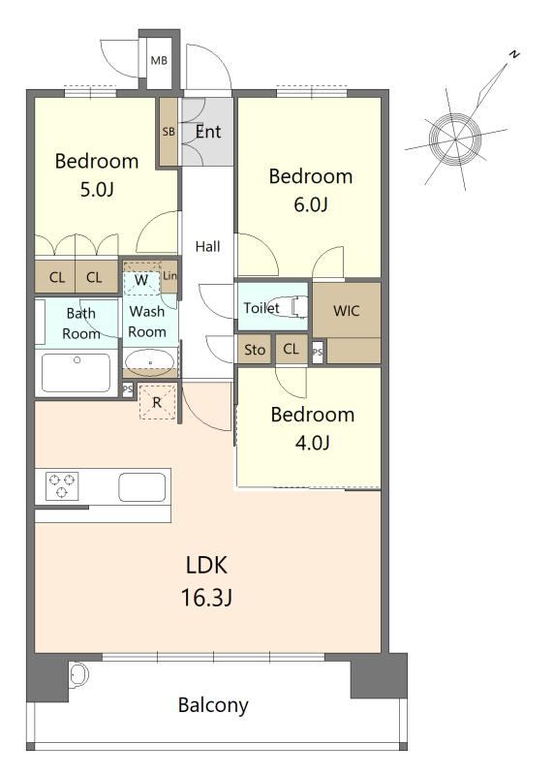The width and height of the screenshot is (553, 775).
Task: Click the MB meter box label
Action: (159, 61)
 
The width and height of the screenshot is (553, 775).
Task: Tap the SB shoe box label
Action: (169, 132)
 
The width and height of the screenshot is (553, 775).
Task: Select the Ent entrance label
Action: (208, 132)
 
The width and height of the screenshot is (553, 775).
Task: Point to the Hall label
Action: (207, 246)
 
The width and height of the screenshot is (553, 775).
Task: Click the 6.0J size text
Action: (311, 204)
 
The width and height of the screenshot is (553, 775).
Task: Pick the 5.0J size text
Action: (98, 189)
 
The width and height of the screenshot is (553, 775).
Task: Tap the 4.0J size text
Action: (312, 443)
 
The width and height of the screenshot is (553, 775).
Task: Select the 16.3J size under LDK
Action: (206, 598)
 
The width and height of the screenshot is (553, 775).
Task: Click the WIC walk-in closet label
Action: (347, 311)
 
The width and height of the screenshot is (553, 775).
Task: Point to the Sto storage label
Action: (255, 350)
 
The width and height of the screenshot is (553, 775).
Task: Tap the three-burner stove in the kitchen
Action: (62, 485)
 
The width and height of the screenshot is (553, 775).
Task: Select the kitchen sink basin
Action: (141, 487)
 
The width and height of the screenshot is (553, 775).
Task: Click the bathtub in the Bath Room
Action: (77, 373)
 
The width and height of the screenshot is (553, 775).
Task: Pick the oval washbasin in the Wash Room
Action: (150, 360)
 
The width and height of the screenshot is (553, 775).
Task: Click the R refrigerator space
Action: (157, 402)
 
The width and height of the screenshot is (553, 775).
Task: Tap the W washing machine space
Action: (142, 279)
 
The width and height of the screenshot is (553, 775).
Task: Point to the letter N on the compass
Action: (514, 54)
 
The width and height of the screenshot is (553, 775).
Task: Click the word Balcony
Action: (213, 705)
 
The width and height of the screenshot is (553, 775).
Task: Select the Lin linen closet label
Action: (169, 275)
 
